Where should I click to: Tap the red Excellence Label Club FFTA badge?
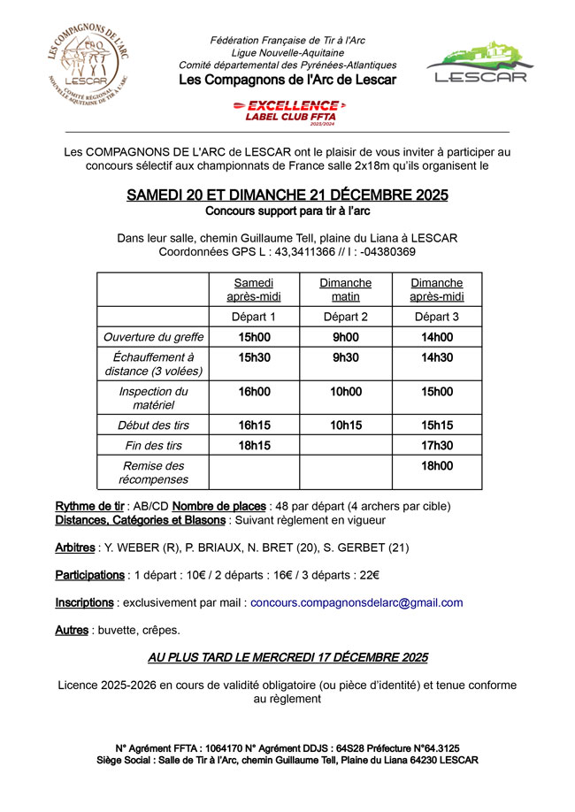click(287, 111)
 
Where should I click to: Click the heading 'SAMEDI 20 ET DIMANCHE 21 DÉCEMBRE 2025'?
click(287, 195)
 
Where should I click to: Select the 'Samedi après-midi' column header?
click(254, 289)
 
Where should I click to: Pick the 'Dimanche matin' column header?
click(345, 289)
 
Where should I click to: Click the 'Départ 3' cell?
click(436, 317)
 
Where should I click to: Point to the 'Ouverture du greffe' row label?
click(153, 337)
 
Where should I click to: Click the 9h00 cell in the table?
click(345, 337)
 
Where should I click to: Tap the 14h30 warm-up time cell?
click(436, 357)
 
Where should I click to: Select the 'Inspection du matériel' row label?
click(153, 398)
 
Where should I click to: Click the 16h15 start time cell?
click(254, 425)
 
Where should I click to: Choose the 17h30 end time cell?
click(436, 446)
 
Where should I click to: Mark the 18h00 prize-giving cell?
click(436, 466)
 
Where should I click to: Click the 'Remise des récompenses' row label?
click(153, 472)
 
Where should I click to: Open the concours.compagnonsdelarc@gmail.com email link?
click(356, 602)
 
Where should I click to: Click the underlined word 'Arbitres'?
click(75, 548)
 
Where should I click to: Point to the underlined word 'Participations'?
click(89, 575)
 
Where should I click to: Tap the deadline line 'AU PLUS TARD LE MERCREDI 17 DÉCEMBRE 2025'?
click(287, 657)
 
